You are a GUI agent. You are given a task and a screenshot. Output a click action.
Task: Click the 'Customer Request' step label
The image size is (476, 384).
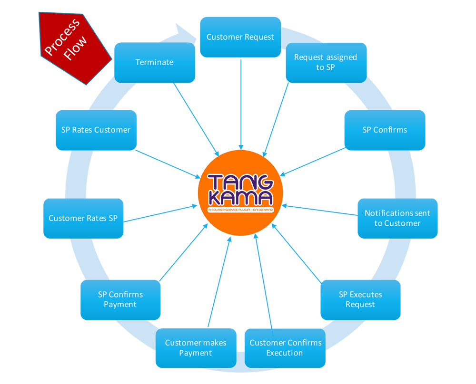(x=240, y=37)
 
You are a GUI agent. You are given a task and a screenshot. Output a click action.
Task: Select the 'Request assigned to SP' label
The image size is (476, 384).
(x=325, y=62)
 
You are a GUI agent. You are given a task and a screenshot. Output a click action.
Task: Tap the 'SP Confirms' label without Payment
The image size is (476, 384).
(x=385, y=130)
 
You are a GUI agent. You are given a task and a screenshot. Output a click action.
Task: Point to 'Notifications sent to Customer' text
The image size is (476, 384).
(x=397, y=218)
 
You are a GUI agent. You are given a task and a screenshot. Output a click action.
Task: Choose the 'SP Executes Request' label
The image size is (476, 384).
(x=360, y=299)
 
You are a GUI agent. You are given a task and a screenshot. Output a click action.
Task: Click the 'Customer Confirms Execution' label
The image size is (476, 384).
(x=285, y=348)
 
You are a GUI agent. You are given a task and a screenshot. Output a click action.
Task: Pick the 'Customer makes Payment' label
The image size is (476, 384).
(x=196, y=348)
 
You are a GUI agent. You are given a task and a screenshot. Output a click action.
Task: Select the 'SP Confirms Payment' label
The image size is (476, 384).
(x=120, y=299)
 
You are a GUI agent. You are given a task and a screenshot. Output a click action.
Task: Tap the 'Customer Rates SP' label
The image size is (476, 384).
(x=83, y=219)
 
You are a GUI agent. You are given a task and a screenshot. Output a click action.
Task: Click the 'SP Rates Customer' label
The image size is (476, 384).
(x=96, y=130)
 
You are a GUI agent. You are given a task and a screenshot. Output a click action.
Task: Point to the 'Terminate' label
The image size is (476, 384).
(x=154, y=62)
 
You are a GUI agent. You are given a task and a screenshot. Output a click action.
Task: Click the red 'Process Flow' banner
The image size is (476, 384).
(x=71, y=45)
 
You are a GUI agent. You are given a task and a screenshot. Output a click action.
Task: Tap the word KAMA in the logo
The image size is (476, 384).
(x=240, y=198)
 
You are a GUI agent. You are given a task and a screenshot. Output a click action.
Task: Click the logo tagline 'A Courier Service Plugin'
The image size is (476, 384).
(x=240, y=209)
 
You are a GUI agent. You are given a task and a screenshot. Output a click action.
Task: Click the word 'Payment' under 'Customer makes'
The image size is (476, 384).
(x=196, y=353)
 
